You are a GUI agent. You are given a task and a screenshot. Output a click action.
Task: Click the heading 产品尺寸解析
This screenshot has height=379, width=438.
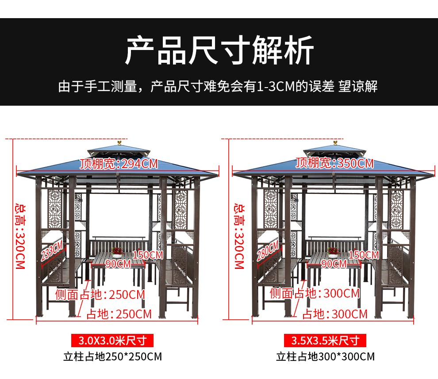point(219,50)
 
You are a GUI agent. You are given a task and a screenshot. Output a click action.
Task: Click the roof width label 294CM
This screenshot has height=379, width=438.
point(119,164)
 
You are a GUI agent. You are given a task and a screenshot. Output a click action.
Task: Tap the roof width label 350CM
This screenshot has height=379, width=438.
point(335,163)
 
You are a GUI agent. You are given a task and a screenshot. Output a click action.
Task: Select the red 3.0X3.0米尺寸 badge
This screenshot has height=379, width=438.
point(112,341)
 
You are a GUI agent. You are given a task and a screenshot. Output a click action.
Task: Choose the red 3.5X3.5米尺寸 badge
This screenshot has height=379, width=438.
point(325,341)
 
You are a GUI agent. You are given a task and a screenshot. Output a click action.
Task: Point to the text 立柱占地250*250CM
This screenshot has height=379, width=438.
point(112,356)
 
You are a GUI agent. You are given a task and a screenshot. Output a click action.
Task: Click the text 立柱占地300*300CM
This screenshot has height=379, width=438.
point(325,356)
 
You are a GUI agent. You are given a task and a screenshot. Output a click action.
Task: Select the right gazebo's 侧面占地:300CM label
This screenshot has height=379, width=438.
point(315,293)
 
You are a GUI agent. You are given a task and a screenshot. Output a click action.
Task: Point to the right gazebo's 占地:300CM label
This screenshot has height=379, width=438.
point(334,314)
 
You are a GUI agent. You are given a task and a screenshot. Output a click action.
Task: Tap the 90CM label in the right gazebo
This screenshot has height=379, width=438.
point(334,264)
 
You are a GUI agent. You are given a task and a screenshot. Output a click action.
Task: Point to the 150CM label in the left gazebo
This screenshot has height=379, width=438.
point(148,255)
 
